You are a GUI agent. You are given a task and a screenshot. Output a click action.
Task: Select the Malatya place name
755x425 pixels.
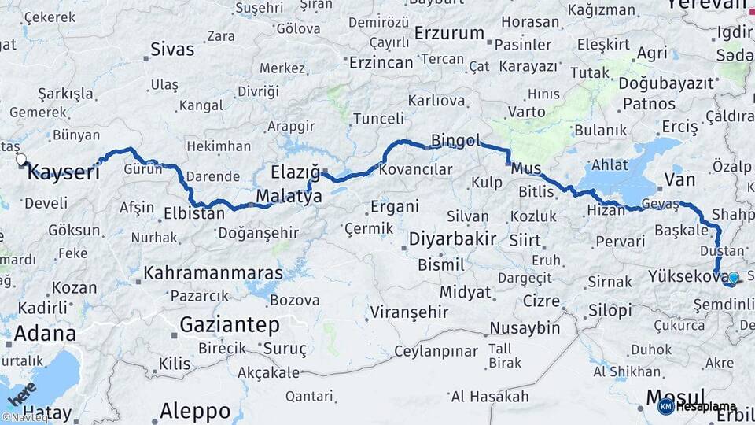tap(289, 197)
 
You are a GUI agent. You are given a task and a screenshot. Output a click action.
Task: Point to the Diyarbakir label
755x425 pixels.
tap(451, 238)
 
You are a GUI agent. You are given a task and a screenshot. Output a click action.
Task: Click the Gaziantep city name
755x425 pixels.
tap(230, 324)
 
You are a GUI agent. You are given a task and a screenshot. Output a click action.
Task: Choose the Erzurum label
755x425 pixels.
tap(449, 33)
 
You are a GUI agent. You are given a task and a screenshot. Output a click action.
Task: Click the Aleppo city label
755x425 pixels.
tap(195, 411)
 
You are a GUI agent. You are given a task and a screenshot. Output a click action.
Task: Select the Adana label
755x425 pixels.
tap(45, 332)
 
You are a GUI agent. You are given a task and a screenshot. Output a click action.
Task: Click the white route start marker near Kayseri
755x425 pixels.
tap(21, 159)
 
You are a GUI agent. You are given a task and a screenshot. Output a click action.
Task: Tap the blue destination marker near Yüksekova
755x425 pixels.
tap(733, 278)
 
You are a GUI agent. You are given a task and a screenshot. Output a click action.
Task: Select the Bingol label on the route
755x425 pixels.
tap(455, 141)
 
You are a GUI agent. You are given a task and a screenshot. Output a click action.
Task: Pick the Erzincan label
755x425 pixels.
tap(381, 61)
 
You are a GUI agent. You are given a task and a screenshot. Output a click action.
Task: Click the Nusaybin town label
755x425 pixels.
tap(525, 327)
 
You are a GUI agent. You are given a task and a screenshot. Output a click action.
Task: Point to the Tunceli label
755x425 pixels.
tap(378, 118)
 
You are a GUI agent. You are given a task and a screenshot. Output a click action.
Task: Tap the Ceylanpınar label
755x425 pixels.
tap(436, 350)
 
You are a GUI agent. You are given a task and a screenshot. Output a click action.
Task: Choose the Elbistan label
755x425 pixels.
tap(194, 213)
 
